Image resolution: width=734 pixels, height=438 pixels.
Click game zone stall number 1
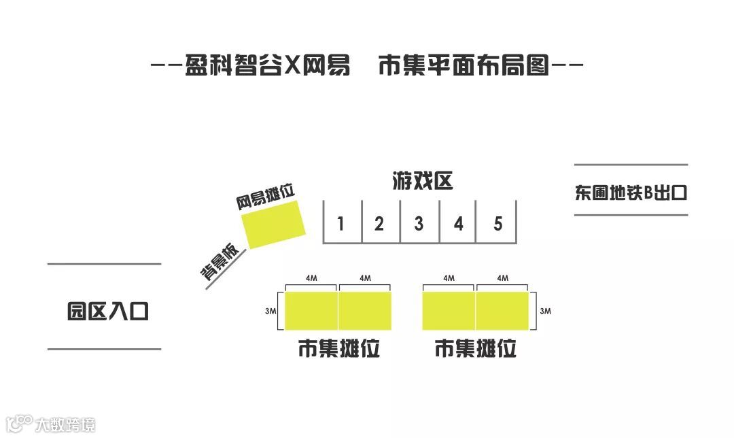coord(341,223)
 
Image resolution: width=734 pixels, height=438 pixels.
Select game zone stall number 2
coord(379,223)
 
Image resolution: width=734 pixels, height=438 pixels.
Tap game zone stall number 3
coord(419,223)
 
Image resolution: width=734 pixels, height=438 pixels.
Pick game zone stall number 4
coord(458,223)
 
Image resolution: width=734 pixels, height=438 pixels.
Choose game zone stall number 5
coord(497,223)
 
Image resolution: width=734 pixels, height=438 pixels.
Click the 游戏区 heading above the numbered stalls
coord(422,182)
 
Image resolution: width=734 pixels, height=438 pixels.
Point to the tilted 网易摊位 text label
coord(266,197)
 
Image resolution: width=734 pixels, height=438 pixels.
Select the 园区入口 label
coord(107,311)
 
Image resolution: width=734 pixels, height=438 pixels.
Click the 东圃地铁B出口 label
coord(631,193)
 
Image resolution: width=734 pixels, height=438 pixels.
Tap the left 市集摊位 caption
coord(338,349)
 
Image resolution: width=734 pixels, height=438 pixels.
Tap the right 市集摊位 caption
coord(476,349)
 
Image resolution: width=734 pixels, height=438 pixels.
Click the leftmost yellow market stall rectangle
coord(311,311)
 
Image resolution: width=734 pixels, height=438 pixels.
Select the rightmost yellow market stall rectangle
coord(502,311)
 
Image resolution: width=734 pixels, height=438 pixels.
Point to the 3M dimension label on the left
coord(270,311)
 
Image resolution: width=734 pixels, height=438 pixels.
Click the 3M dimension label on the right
coord(544,311)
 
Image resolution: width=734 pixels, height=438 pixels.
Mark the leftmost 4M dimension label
coord(311,278)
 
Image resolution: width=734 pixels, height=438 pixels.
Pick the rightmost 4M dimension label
coord(502,278)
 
